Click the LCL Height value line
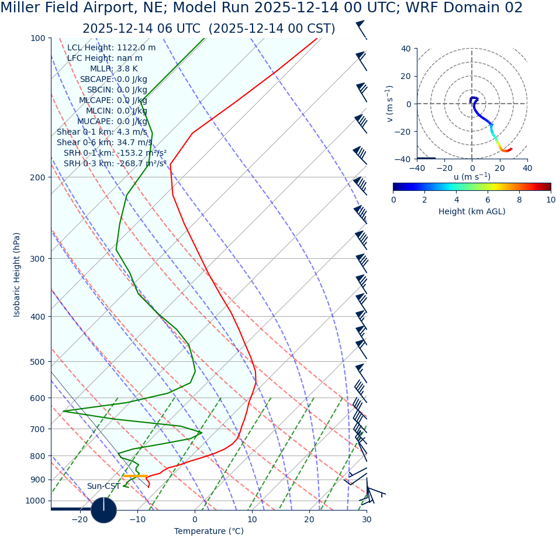[111, 48]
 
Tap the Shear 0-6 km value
[104, 143]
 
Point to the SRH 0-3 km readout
[115, 164]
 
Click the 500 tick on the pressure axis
[37, 362]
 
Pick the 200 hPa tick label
[37, 177]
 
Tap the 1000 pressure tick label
[35, 501]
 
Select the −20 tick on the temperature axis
[80, 519]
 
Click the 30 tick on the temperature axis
[367, 519]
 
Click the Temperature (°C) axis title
[209, 532]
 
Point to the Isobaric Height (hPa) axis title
[17, 275]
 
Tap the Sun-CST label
[103, 487]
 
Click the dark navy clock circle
[103, 510]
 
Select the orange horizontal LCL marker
[135, 476]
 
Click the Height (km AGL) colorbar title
[472, 212]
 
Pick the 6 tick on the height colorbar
[488, 200]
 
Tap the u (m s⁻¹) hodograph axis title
[472, 177]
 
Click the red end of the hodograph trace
[510, 149]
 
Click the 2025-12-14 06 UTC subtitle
[209, 29]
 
